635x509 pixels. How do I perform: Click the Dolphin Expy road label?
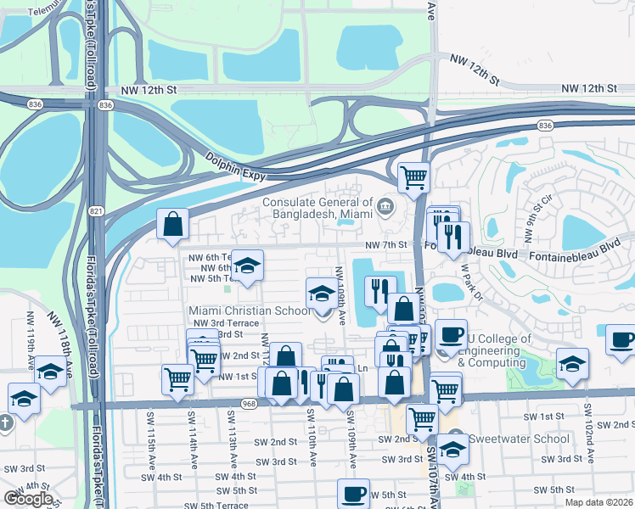click(236, 165)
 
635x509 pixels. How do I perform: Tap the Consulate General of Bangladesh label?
click(317, 208)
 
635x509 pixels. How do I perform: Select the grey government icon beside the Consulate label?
click(385, 204)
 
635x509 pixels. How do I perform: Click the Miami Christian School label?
click(250, 310)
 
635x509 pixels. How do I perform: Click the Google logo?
click(29, 499)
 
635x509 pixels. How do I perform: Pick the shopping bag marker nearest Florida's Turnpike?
click(172, 224)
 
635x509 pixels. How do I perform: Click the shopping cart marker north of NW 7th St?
click(413, 176)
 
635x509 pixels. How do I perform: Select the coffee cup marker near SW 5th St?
click(353, 493)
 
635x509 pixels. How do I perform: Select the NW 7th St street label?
click(387, 245)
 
